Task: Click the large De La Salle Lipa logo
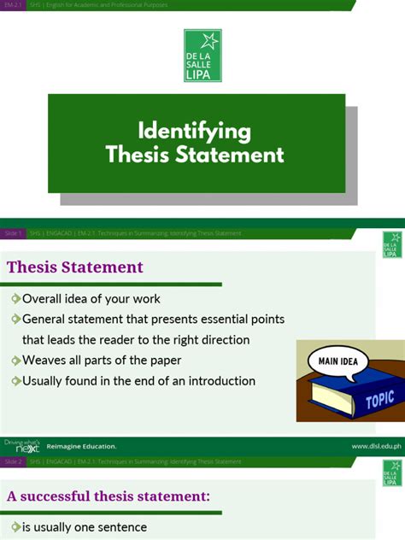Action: coord(202,56)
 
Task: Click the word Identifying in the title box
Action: coord(195,131)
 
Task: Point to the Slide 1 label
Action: coord(14,233)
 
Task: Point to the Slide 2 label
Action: coord(14,461)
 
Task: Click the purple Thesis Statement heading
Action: coord(75,267)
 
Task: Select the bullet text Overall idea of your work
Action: coord(91,299)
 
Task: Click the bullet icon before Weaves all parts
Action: coord(15,361)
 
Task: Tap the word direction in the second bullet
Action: coord(220,340)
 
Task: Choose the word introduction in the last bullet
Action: coord(218,381)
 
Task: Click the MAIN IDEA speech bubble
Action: coord(339,361)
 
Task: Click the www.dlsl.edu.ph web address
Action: coord(375,446)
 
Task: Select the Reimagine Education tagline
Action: coord(81,446)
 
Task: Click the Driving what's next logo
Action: coord(21,445)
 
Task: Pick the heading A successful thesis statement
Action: coord(109,496)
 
